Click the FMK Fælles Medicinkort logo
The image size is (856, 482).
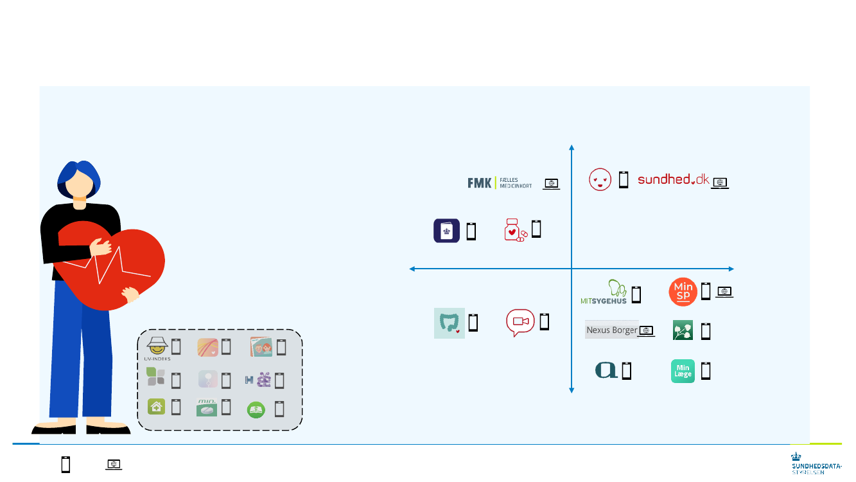(x=500, y=183)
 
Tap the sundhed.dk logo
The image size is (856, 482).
(x=673, y=180)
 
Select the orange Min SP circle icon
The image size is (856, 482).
(x=683, y=292)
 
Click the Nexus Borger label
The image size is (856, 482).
(x=611, y=330)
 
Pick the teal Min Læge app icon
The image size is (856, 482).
(x=683, y=371)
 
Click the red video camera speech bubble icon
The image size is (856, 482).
(x=520, y=322)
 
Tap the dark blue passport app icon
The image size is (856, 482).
(x=446, y=231)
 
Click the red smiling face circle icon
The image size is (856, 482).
(x=600, y=180)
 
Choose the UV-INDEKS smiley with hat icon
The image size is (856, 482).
(x=157, y=347)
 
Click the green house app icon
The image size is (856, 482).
(x=155, y=407)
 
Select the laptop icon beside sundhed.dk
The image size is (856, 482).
(x=721, y=183)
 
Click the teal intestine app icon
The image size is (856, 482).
(x=449, y=323)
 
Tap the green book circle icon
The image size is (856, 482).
(x=256, y=409)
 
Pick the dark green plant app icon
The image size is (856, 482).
(x=683, y=330)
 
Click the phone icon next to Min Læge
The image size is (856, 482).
(x=706, y=371)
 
